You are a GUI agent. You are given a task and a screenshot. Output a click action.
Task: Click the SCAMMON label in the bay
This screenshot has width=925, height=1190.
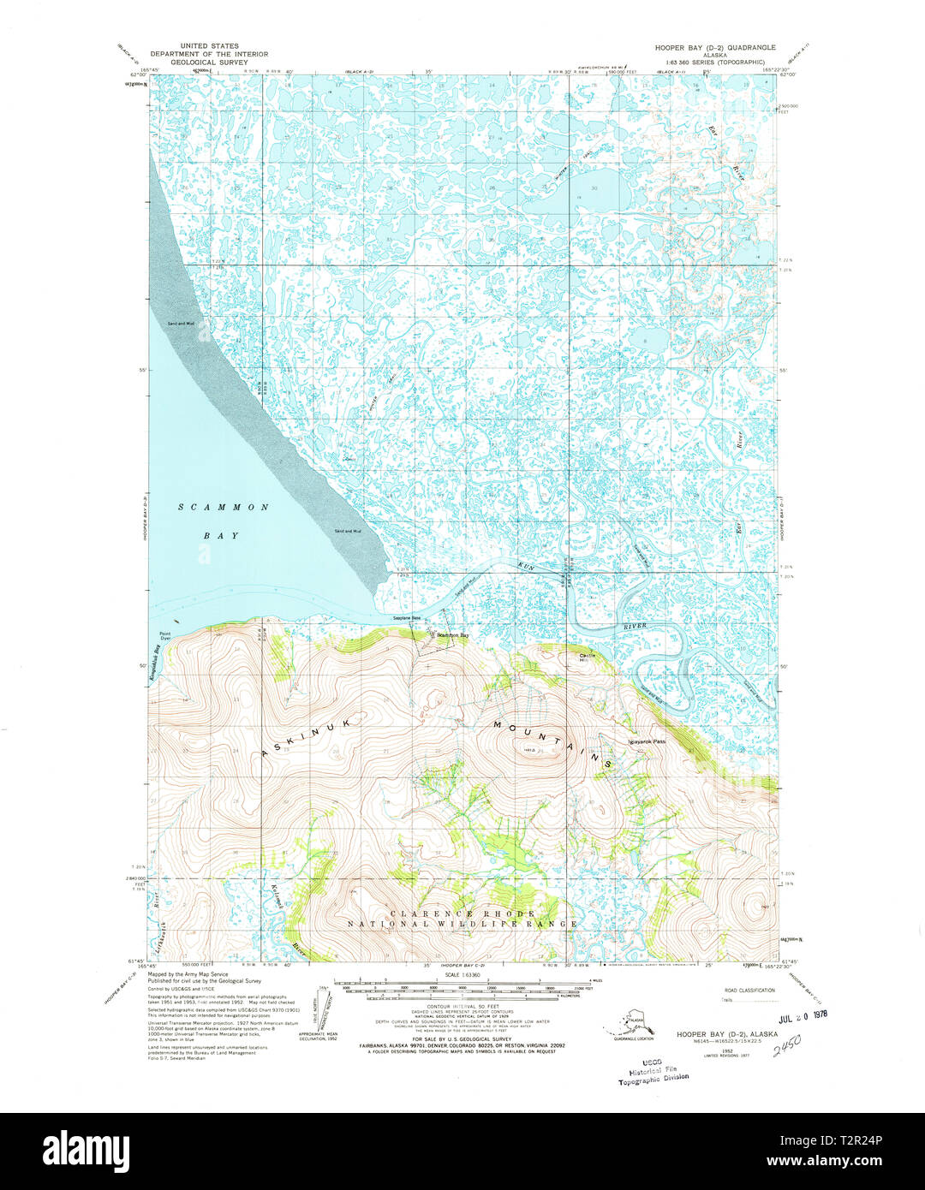coord(224,508)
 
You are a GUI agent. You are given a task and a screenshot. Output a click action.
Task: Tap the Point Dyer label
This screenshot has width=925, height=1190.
coord(165,637)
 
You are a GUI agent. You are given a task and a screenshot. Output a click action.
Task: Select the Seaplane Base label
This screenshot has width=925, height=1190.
coord(407,618)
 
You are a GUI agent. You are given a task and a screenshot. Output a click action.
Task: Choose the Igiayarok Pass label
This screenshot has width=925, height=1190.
coord(647,741)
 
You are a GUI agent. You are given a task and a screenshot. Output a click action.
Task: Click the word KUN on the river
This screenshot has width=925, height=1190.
coord(526,567)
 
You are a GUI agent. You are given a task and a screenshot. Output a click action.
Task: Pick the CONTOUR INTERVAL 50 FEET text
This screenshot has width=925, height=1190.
coord(462,1007)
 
